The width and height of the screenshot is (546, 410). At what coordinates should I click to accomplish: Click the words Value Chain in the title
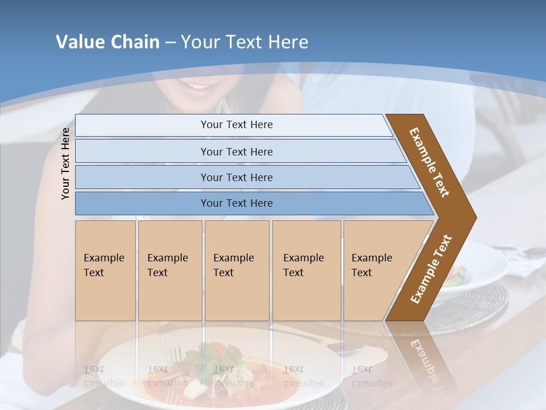click(x=107, y=42)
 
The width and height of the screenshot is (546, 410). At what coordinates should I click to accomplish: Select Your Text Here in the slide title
click(x=245, y=42)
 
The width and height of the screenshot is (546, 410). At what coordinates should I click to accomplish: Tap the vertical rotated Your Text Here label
click(x=65, y=163)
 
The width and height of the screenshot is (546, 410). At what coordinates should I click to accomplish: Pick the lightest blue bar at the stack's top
click(x=236, y=125)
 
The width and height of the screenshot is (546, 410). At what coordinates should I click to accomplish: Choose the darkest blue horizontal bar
click(x=236, y=203)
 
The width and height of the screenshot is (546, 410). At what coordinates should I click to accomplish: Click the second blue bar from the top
click(x=236, y=151)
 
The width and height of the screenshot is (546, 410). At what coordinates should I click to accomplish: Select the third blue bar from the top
click(x=236, y=177)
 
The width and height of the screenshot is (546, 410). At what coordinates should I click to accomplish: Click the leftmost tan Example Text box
click(x=105, y=270)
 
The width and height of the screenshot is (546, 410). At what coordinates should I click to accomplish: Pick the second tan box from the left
click(x=169, y=270)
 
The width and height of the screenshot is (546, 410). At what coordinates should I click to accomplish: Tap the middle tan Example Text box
click(x=237, y=270)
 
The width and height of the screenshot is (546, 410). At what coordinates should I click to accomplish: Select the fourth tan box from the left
click(x=307, y=270)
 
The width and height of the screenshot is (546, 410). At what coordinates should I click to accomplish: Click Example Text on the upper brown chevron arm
click(x=429, y=162)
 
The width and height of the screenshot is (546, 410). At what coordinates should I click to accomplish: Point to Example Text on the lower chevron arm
click(x=431, y=269)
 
